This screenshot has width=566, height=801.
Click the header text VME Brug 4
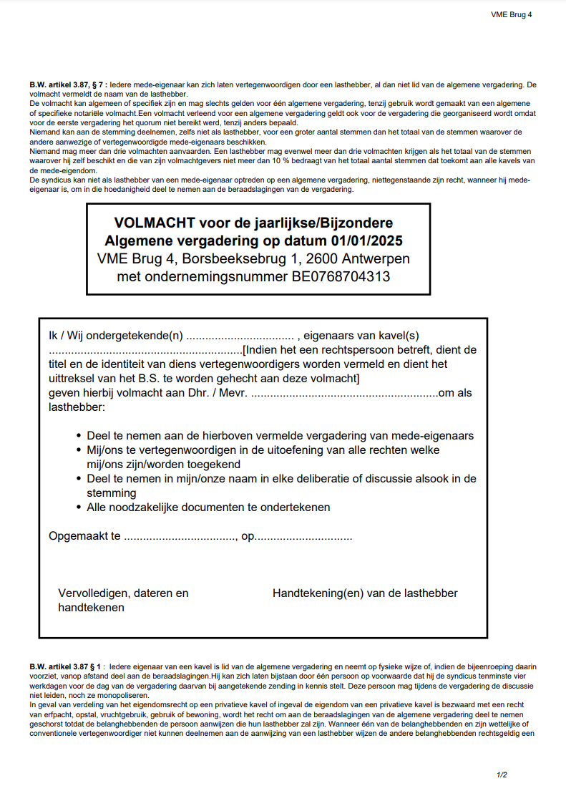pyautogui.click(x=511, y=14)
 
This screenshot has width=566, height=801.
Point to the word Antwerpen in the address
pyautogui.click(x=376, y=258)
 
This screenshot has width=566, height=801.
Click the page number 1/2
pyautogui.click(x=502, y=775)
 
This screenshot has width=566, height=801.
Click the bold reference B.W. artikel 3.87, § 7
pyautogui.click(x=68, y=85)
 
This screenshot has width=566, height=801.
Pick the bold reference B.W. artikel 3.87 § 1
pyautogui.click(x=67, y=666)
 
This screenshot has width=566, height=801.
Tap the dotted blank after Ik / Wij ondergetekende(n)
pyautogui.click(x=240, y=336)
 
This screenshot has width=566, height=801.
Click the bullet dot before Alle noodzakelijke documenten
pyautogui.click(x=79, y=508)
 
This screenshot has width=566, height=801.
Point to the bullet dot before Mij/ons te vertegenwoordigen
pyautogui.click(x=79, y=450)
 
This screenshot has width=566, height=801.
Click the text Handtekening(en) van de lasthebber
pyautogui.click(x=365, y=593)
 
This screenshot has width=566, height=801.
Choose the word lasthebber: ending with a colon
pyautogui.click(x=77, y=407)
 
